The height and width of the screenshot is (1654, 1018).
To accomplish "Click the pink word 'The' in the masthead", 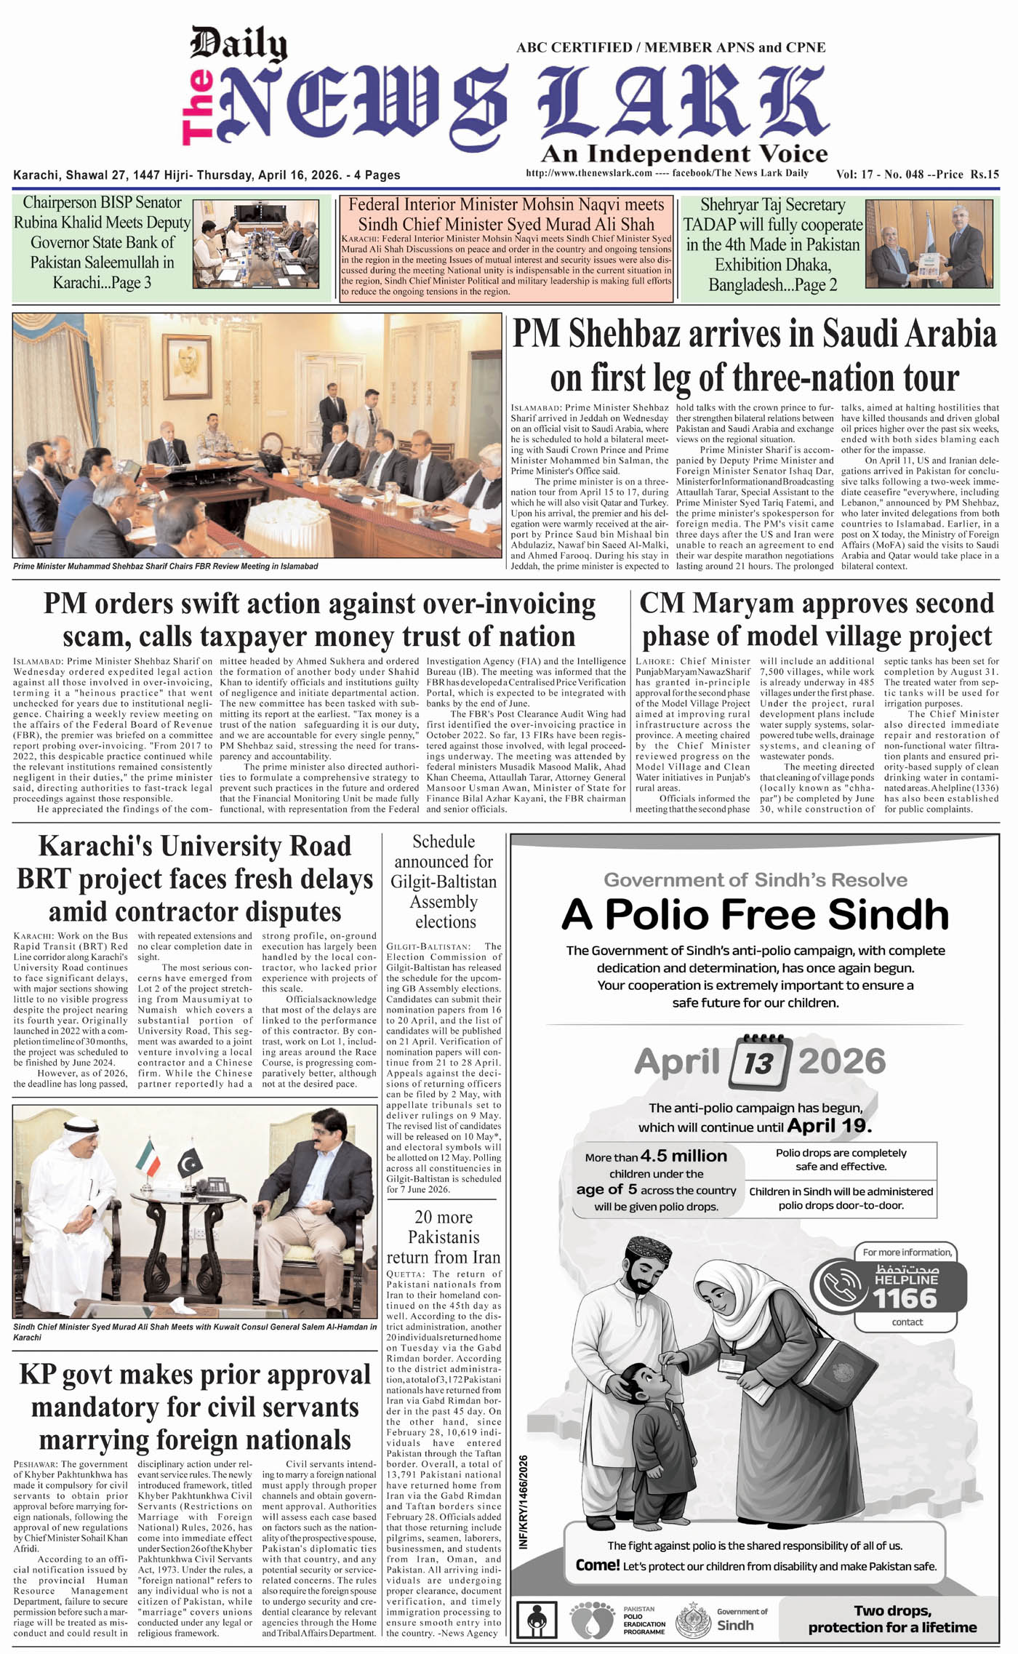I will pos(199,108).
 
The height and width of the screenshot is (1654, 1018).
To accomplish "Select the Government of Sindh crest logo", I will pos(693,1619).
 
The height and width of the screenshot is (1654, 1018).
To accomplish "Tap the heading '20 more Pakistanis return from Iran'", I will pos(444,1237).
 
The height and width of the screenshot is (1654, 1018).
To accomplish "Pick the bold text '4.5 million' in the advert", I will pos(684,1156).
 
